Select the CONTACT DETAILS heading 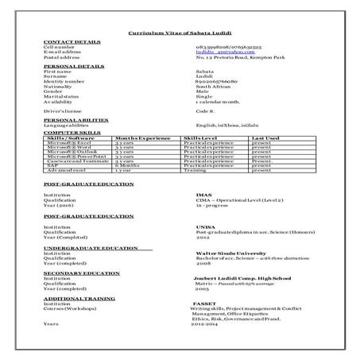[x=72, y=41]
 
